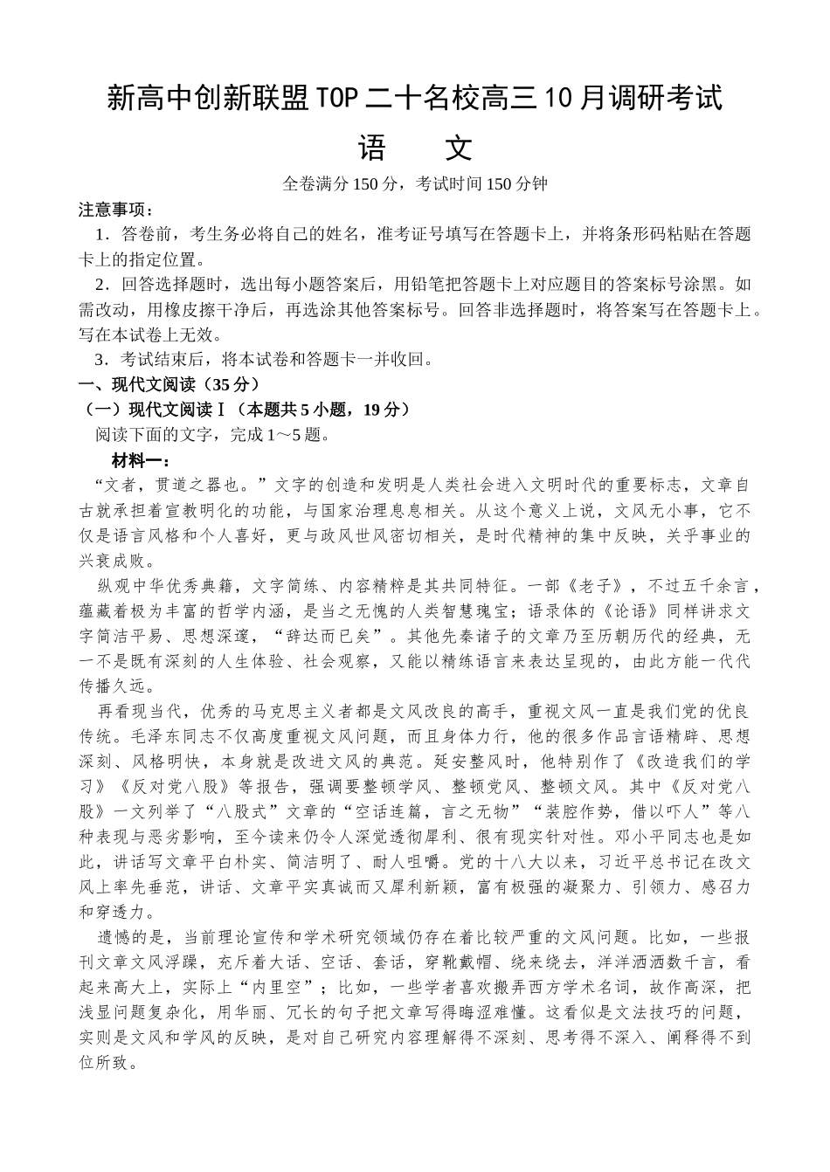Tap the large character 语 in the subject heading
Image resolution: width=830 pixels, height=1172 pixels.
pos(371,148)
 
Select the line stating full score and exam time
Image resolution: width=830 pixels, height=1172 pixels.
pos(414,184)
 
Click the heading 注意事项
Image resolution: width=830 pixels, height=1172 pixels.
pos(116,210)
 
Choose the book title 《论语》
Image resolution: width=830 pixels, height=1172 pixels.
pos(616,610)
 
